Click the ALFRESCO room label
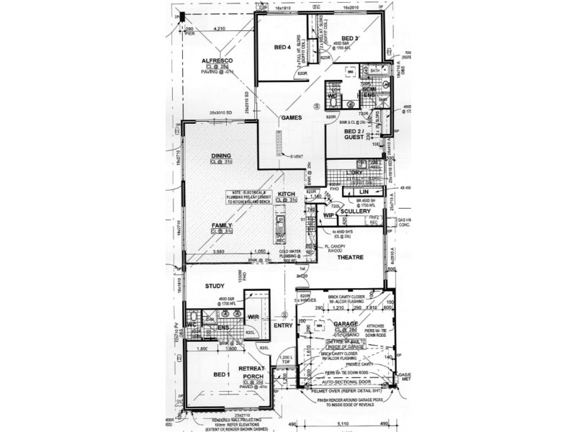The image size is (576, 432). pos(215,61)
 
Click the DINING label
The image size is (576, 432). pos(221,156)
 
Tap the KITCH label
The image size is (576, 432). pos(287,196)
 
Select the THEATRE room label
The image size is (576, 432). pos(347,256)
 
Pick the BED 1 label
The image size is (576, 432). pos(222,375)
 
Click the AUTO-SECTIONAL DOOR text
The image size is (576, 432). pos(346,384)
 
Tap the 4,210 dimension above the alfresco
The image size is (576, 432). pos(218,29)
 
